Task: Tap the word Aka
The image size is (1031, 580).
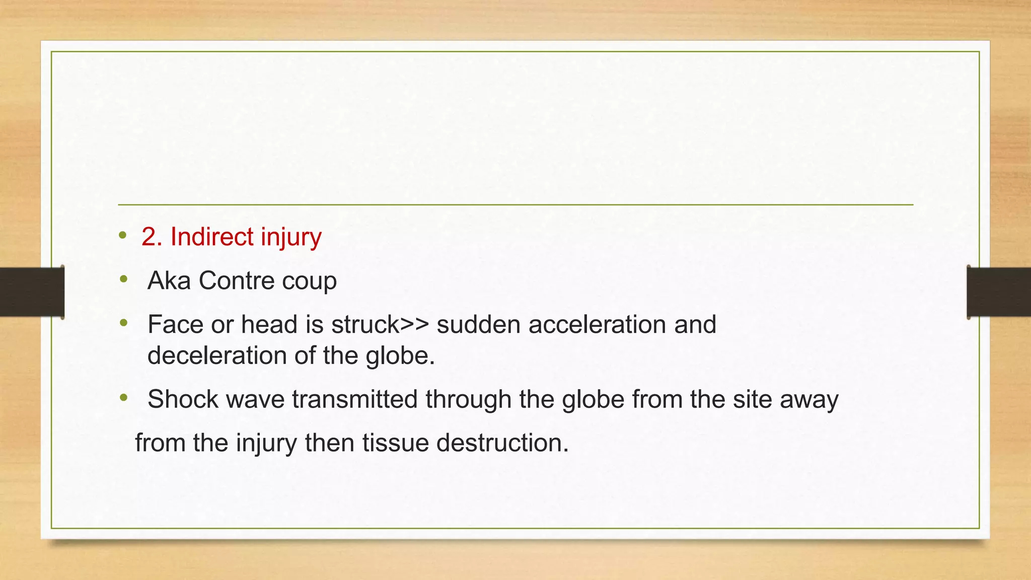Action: pos(169,280)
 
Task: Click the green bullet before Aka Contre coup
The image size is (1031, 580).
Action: pos(124,279)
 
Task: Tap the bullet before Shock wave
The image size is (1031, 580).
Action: pos(124,398)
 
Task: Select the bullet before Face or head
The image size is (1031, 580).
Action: pos(124,323)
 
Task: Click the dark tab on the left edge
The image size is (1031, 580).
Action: pos(32,292)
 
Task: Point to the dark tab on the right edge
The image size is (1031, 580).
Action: pos(999,292)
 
